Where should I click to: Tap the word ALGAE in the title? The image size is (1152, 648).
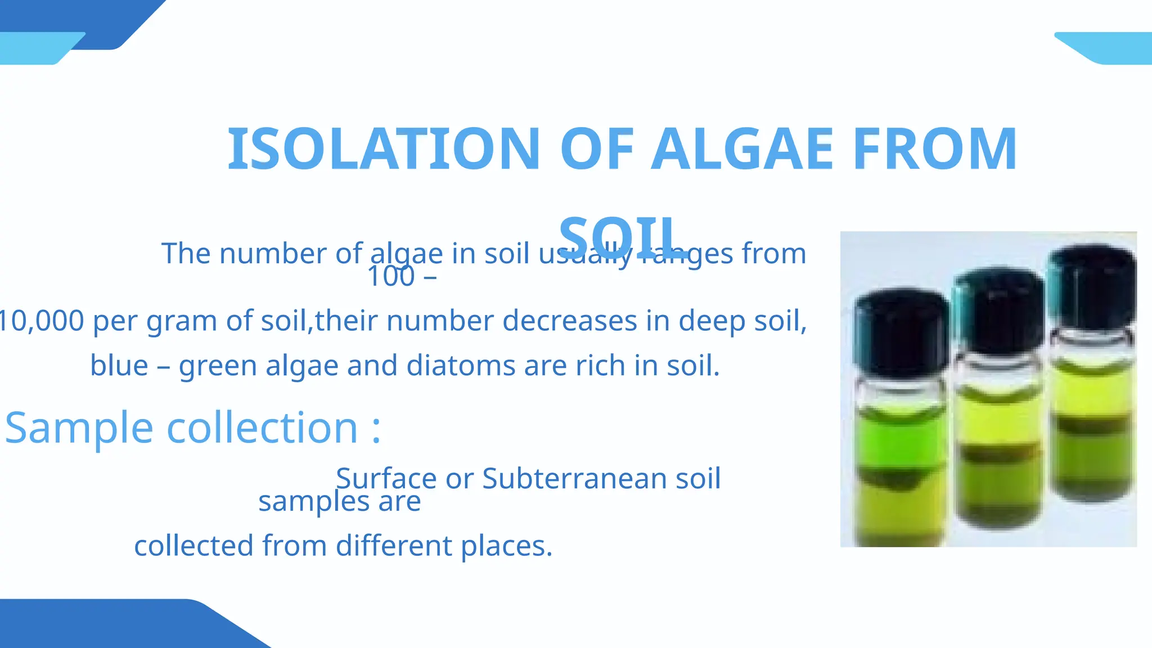point(742,148)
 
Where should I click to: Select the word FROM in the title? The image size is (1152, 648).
point(935,148)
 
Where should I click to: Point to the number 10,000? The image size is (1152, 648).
point(42,321)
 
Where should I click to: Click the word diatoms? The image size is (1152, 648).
point(461,366)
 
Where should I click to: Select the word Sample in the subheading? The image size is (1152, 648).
point(79,428)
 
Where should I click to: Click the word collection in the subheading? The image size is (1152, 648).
point(263,428)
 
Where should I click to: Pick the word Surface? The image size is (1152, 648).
point(386,479)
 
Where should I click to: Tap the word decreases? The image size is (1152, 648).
point(569,321)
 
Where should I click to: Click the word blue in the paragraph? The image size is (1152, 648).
point(119,366)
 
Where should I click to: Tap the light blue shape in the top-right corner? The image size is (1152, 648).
point(1111,48)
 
